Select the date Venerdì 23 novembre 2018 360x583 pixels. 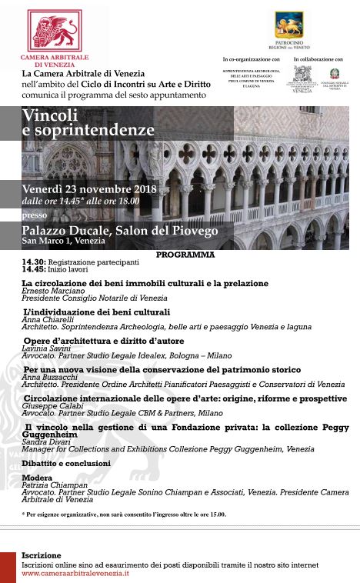(89, 189)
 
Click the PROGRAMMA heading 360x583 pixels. (185, 253)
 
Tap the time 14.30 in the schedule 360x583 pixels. (33, 262)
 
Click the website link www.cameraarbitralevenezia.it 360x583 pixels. (75, 573)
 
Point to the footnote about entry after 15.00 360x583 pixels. (124, 515)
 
